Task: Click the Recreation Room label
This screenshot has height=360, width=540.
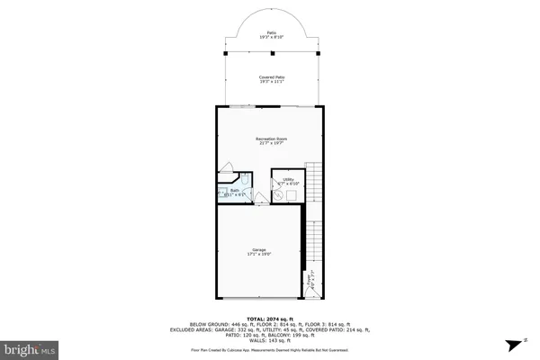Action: click(272, 139)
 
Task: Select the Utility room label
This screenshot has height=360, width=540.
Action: click(289, 179)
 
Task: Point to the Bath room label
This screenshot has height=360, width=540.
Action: click(233, 190)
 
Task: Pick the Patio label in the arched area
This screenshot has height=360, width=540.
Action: click(272, 33)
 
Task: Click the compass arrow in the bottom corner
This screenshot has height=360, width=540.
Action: click(514, 344)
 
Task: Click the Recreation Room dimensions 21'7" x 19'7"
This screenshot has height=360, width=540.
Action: click(272, 143)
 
